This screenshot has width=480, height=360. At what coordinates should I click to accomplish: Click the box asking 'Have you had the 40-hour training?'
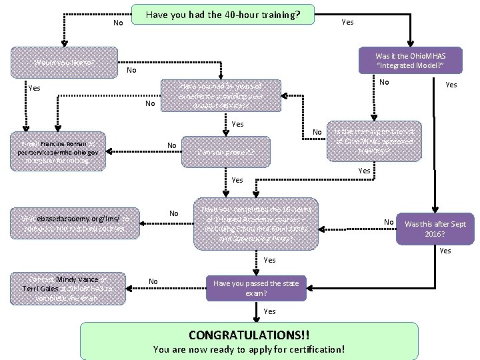pos(222,15)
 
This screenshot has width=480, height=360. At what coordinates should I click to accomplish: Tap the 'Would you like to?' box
pos(64,63)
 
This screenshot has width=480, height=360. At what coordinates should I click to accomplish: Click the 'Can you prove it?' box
pos(226,152)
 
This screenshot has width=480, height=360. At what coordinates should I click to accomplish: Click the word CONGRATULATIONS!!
pos(249,333)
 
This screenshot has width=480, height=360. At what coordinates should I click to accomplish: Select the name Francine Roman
pos(63,143)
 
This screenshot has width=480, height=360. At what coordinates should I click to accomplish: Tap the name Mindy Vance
pos(77,279)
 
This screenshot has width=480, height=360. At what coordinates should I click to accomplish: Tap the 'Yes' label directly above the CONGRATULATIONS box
pos(269,311)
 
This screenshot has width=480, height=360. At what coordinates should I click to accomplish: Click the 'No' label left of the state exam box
pos(153,281)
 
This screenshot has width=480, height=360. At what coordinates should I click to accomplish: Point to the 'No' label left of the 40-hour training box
pos(118,23)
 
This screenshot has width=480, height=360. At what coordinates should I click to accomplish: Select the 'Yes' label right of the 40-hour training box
pos(347,22)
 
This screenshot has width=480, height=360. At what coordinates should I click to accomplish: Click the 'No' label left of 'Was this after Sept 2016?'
pos(389,222)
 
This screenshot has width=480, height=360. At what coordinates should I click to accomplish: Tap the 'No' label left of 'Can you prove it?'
pos(172,146)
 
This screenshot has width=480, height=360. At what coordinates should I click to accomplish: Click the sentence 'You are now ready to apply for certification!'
pos(249,349)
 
